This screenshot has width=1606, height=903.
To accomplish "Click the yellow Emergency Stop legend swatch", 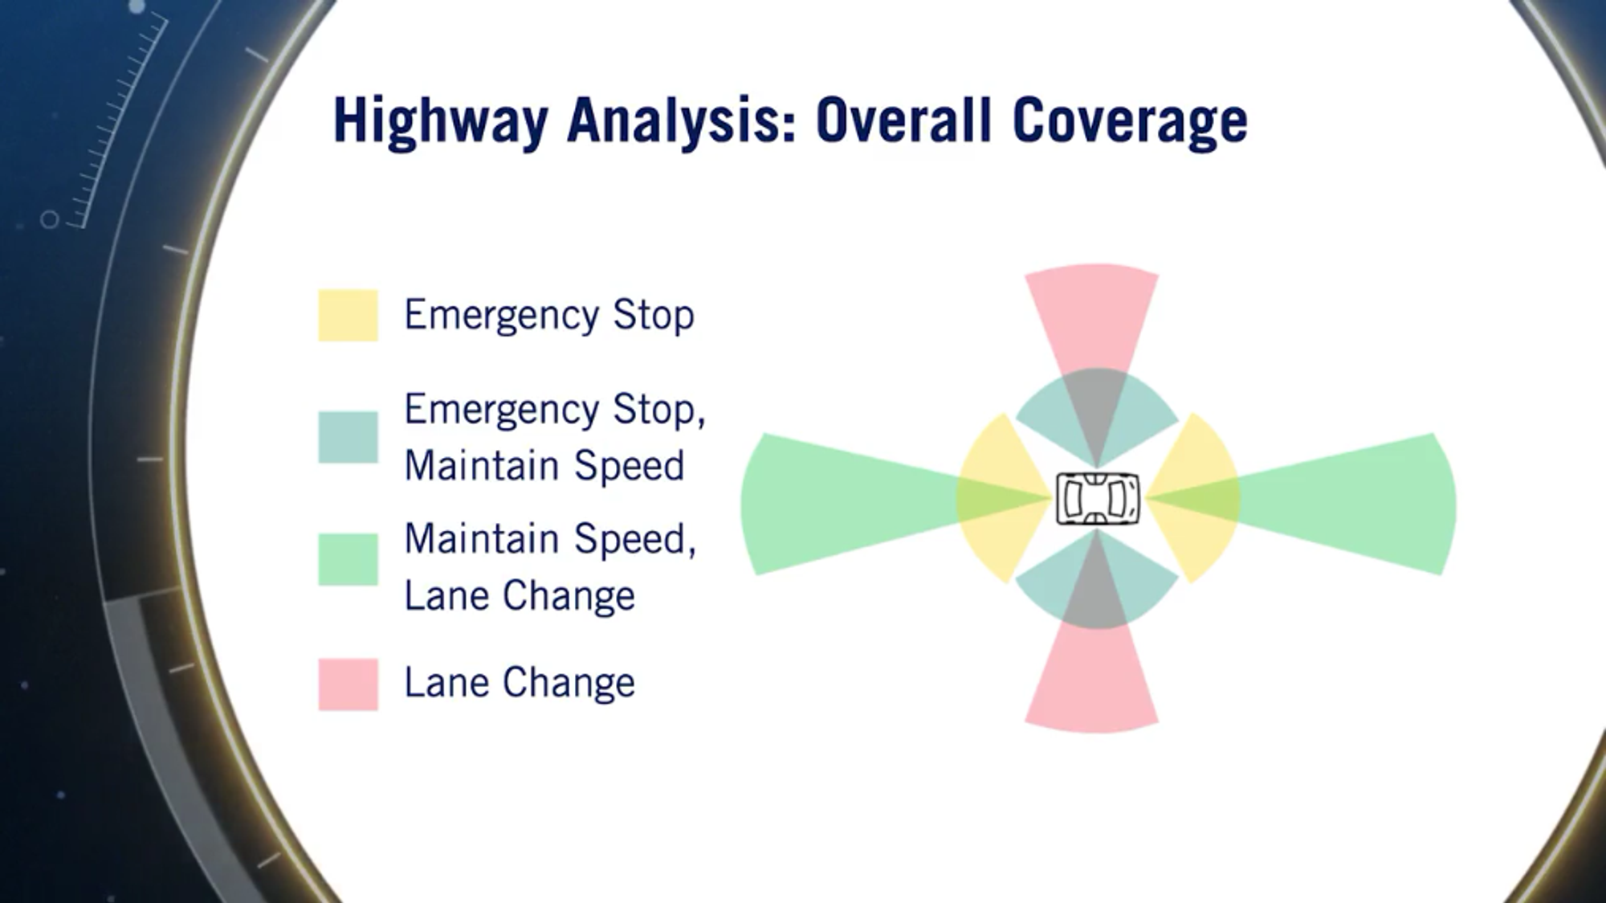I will [348, 315].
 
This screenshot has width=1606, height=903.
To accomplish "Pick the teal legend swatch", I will [348, 437].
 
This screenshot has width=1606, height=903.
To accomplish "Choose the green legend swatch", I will [348, 559].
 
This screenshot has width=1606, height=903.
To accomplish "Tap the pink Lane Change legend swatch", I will [348, 684].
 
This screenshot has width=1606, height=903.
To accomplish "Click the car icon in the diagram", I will [1097, 498].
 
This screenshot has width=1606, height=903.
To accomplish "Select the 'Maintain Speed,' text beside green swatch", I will [550, 538].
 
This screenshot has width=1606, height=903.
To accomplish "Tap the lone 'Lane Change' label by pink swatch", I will [520, 683].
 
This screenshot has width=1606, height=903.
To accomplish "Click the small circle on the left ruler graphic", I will [50, 219].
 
